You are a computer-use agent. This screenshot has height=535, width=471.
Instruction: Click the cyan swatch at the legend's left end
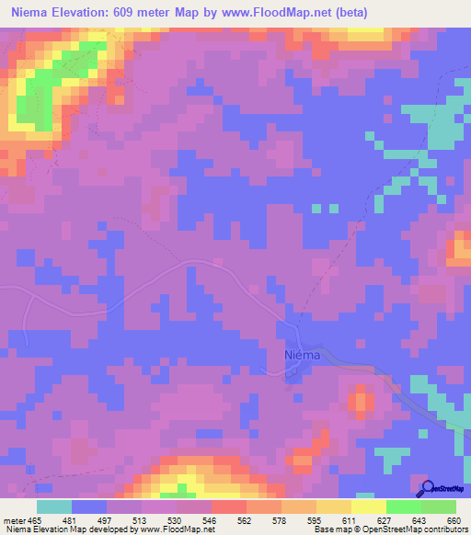click(54, 507)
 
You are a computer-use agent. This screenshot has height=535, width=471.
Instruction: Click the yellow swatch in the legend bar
click(369, 507)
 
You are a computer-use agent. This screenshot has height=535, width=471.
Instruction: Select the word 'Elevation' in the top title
click(86, 12)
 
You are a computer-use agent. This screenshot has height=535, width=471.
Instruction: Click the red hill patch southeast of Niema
click(360, 401)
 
